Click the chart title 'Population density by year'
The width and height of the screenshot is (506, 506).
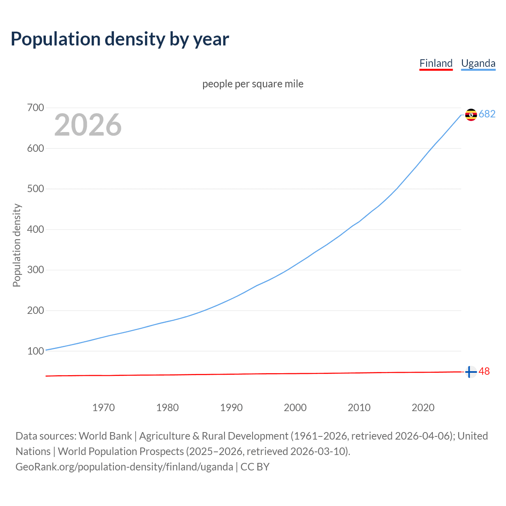[x=120, y=39]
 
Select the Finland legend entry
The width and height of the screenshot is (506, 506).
[x=436, y=63]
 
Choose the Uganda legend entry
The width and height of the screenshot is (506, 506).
[x=478, y=63]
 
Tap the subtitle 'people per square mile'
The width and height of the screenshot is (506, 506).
[x=253, y=84]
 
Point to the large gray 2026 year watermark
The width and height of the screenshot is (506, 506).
[x=88, y=125]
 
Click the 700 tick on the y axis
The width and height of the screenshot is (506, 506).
[x=36, y=108]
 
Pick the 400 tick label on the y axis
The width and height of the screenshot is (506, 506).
[x=36, y=229]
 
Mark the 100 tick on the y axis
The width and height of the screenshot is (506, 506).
[x=36, y=351]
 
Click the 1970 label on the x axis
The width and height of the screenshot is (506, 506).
[x=104, y=407]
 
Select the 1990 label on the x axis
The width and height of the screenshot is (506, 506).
[x=231, y=407]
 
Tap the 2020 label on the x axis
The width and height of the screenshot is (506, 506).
[x=423, y=407]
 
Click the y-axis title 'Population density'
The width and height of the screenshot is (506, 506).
[x=17, y=245]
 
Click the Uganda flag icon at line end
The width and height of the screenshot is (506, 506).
[x=471, y=114]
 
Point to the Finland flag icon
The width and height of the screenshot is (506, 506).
[x=470, y=372]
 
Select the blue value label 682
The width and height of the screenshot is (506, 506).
[x=487, y=114]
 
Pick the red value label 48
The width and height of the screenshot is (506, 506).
[x=484, y=372]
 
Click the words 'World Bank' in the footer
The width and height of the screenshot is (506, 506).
[x=105, y=436]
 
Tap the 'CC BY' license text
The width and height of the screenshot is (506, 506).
[x=255, y=466]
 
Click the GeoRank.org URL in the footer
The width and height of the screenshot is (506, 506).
[x=124, y=466]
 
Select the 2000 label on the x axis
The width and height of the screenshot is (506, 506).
[x=295, y=407]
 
